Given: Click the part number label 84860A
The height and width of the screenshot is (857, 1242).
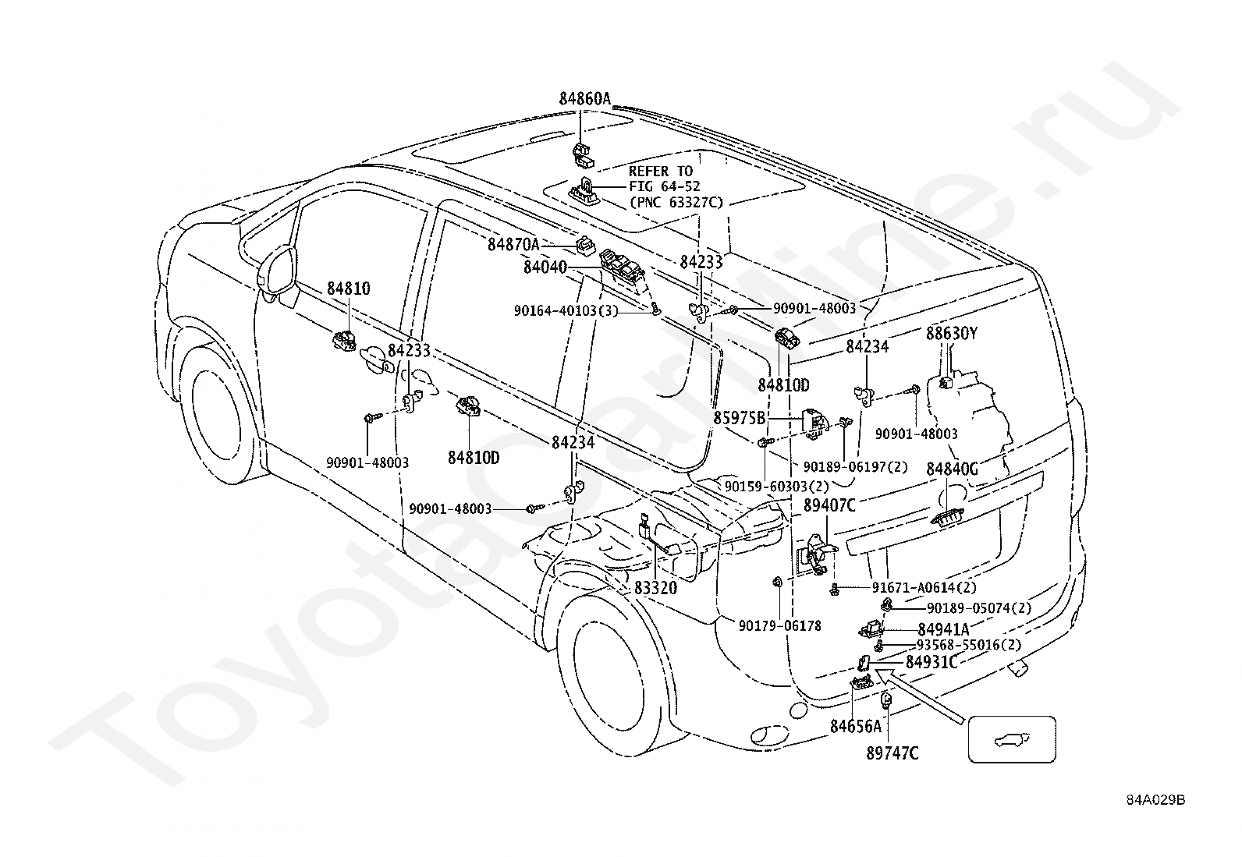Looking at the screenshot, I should click(x=584, y=99).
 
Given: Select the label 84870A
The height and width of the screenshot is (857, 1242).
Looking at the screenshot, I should click(x=513, y=244).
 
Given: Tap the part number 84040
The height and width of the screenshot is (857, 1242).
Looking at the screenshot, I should click(x=545, y=267).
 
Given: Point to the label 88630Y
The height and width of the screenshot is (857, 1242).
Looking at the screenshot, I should click(x=952, y=334).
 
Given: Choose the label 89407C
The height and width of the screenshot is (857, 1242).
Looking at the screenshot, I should click(x=829, y=505).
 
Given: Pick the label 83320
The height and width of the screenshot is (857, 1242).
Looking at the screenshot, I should click(x=655, y=589).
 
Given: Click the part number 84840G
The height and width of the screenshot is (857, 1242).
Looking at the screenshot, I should click(x=952, y=469).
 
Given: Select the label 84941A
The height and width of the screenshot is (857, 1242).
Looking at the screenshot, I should click(x=943, y=629).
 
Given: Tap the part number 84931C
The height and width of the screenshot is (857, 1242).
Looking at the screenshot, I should click(x=931, y=662).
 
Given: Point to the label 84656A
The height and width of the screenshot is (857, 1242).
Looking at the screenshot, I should click(x=855, y=727).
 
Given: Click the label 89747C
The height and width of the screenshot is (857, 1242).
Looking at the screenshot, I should click(x=892, y=753).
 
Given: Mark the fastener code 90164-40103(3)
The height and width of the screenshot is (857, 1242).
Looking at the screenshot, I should click(x=566, y=310).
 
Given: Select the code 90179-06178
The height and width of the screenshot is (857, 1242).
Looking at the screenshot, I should click(x=779, y=625).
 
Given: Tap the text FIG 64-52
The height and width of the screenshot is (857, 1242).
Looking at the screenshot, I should click(x=665, y=186).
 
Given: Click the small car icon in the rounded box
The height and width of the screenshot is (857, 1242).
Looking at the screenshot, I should click(x=1011, y=739).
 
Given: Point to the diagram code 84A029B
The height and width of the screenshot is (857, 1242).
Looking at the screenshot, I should click(x=1155, y=800).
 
